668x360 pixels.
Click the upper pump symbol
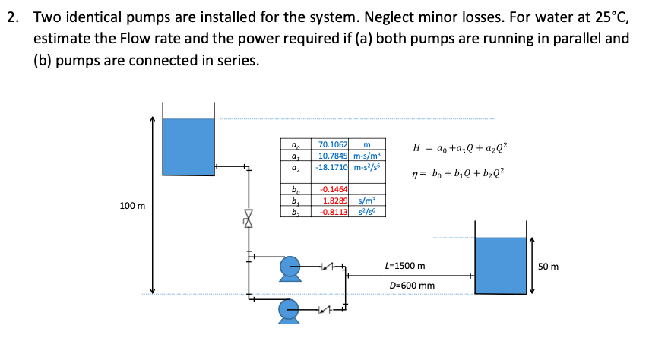point(289,267)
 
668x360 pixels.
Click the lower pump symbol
point(289,309)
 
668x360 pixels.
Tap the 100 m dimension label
point(133,207)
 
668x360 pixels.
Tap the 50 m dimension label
point(548,267)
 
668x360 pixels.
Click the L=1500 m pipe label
point(405,267)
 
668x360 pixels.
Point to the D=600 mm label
point(411,286)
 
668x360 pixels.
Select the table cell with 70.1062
point(332,144)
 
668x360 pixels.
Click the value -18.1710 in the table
point(331,166)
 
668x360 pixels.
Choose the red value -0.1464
point(334,188)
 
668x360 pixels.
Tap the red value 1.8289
point(336,200)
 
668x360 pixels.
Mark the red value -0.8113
point(334,211)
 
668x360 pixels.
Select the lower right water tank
point(499,266)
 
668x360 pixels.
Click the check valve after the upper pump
point(328,266)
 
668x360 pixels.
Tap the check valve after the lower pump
point(328,309)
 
